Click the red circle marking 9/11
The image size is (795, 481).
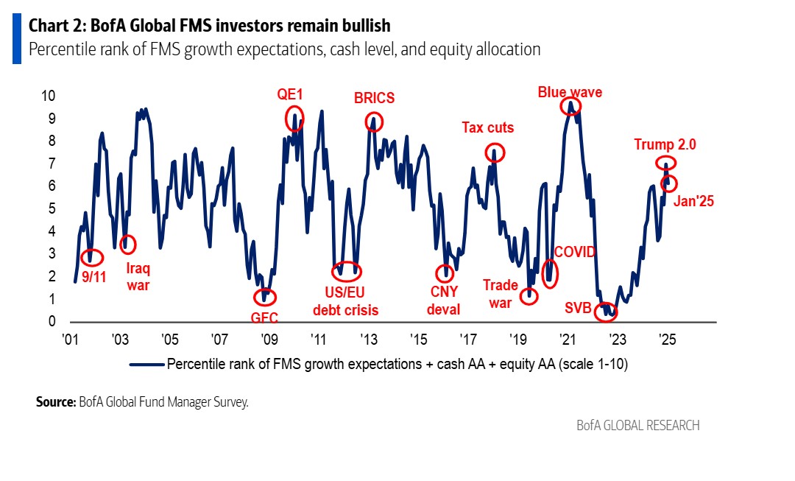[91, 258]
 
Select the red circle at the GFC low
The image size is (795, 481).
[264, 298]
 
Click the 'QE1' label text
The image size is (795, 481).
[290, 94]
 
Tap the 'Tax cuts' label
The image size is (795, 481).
[487, 128]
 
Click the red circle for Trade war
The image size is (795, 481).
[529, 296]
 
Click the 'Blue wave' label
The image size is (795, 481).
[570, 92]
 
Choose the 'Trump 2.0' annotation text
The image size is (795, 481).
[665, 144]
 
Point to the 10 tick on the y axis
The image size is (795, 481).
[47, 96]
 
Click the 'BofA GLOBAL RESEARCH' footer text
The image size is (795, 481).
[637, 426]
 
